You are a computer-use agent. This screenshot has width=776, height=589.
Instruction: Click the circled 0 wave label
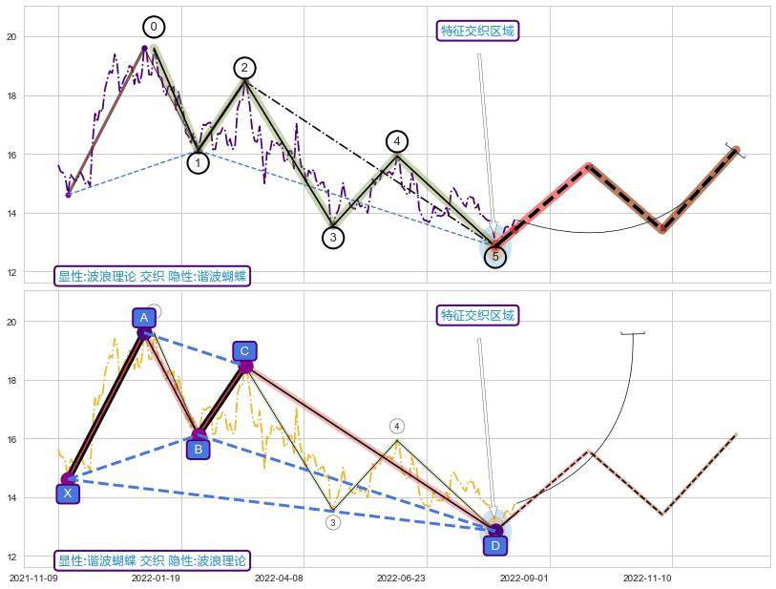tap(154, 27)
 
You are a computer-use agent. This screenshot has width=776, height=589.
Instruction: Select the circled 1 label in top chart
tap(198, 163)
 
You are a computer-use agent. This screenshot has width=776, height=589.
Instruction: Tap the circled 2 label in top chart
tap(244, 68)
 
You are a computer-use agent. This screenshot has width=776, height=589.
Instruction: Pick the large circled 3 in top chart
tap(332, 238)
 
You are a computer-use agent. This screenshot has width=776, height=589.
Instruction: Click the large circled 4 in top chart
tap(397, 141)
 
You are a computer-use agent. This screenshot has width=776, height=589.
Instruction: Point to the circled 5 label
tap(494, 256)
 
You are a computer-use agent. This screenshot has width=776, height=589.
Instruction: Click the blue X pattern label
tap(67, 494)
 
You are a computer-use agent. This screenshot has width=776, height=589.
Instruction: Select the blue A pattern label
tap(144, 317)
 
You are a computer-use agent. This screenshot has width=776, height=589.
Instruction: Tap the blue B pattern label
tap(198, 449)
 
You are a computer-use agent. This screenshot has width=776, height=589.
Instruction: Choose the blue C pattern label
tap(244, 351)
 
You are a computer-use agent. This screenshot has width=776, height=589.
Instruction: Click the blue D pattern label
tap(494, 545)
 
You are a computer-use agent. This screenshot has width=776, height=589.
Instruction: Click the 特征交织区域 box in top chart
tap(478, 32)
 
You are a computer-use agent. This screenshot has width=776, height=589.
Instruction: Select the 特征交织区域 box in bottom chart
tap(478, 315)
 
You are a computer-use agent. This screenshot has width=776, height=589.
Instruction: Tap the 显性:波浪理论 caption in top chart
tap(153, 277)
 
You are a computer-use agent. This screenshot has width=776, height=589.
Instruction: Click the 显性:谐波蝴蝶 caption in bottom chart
tap(153, 560)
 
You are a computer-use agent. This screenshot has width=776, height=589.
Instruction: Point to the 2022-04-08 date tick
tap(279, 578)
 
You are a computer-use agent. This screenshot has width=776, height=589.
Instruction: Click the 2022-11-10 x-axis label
tap(647, 578)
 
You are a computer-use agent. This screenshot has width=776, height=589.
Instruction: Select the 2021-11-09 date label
tap(33, 578)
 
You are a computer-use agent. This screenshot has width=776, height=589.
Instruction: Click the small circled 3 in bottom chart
tap(332, 522)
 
